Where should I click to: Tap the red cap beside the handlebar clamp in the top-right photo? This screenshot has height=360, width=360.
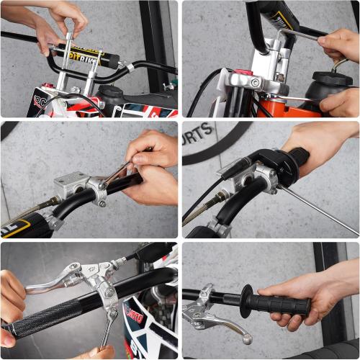pos(243,73)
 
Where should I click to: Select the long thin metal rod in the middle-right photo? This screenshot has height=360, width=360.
pos(317,209)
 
